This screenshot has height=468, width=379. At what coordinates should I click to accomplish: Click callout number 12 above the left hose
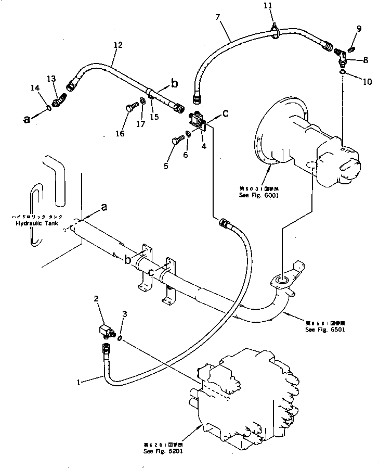[117, 45]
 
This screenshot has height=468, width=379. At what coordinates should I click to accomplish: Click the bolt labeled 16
[130, 109]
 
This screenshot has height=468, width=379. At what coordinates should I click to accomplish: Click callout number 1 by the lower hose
[78, 382]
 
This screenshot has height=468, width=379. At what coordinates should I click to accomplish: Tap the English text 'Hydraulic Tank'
[36, 223]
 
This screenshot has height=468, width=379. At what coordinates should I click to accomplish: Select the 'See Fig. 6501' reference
[325, 330]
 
